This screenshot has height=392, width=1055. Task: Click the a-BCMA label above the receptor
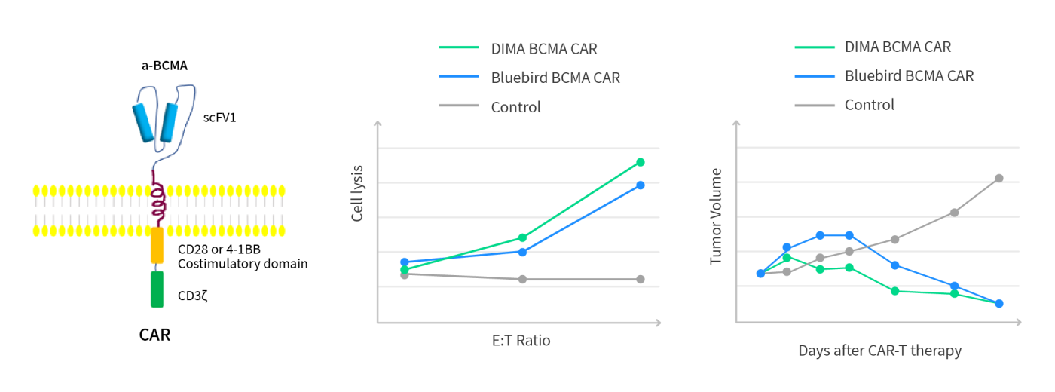(164, 66)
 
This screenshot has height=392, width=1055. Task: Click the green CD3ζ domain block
(157, 289)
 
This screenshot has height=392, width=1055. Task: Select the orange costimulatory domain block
(157, 245)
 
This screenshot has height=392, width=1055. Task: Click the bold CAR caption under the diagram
(155, 335)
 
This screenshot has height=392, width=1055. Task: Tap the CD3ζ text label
(192, 296)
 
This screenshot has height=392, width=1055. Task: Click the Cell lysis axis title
(358, 193)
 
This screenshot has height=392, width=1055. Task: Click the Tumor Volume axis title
(716, 216)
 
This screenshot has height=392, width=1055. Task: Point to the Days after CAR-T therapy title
(879, 351)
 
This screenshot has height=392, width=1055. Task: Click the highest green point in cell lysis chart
(641, 162)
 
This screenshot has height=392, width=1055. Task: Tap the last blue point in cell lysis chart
(641, 185)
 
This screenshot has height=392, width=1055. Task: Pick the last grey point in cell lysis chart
(641, 279)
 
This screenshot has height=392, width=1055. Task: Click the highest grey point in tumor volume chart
(999, 178)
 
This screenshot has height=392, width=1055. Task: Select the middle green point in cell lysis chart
(522, 237)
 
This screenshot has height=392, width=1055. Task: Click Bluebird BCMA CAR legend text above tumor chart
(909, 75)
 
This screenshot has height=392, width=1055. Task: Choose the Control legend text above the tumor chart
(869, 105)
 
